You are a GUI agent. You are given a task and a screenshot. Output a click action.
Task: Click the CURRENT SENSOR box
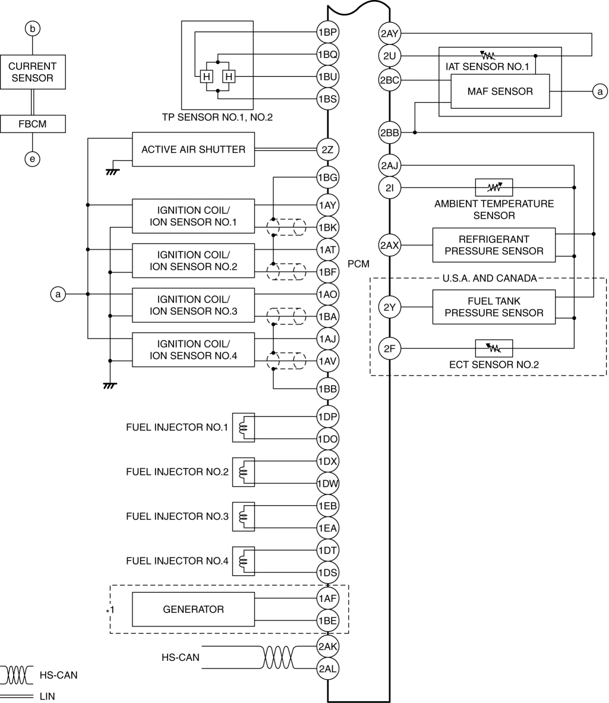pos(33,72)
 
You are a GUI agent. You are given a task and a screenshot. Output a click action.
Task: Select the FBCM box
pos(33,124)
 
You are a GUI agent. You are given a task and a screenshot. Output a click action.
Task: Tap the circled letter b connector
pos(33,27)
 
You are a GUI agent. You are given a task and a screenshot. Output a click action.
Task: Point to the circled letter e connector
pos(33,158)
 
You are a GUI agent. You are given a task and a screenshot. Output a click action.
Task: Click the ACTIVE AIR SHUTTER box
pos(193,150)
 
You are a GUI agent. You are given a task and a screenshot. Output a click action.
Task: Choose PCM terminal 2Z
pos(327,150)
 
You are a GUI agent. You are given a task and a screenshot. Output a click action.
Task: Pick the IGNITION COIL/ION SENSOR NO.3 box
pos(193,305)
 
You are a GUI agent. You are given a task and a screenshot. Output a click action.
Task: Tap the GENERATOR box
pos(193,609)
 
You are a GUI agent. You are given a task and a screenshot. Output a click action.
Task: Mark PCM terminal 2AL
pos(327,669)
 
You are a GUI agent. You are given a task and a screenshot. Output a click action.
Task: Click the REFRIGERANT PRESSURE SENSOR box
pos(494,245)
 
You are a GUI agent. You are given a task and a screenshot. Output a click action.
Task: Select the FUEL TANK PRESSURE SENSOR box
pos(494,307)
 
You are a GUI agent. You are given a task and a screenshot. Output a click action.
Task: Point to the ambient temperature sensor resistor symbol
pos(494,187)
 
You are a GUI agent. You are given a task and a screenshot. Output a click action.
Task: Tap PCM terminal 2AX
pos(390,245)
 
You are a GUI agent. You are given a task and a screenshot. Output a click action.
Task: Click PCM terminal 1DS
pos(327,573)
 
